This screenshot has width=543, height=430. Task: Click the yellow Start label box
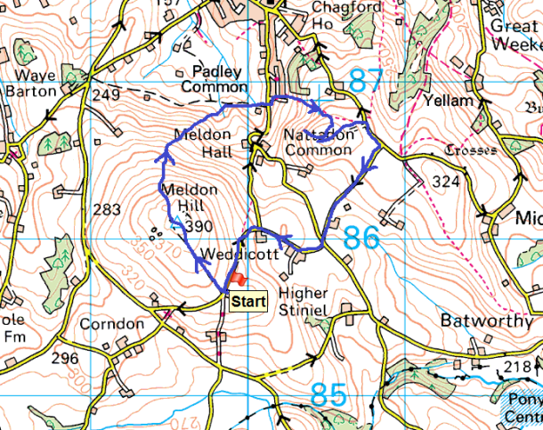point(247,302)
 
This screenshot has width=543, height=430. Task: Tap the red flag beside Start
point(236,280)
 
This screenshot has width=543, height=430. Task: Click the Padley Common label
point(214,79)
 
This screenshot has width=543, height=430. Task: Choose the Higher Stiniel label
point(304,301)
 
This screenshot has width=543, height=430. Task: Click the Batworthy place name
point(481,319)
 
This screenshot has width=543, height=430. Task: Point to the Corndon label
point(111,325)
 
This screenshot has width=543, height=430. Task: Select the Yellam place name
point(450,101)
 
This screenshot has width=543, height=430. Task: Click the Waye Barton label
point(32,82)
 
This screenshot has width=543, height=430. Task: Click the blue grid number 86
point(360,238)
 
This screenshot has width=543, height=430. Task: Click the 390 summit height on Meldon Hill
point(201,226)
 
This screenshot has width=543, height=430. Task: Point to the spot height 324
point(446,183)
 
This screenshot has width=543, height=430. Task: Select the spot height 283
point(106,210)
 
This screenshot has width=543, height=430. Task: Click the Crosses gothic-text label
point(471,150)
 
